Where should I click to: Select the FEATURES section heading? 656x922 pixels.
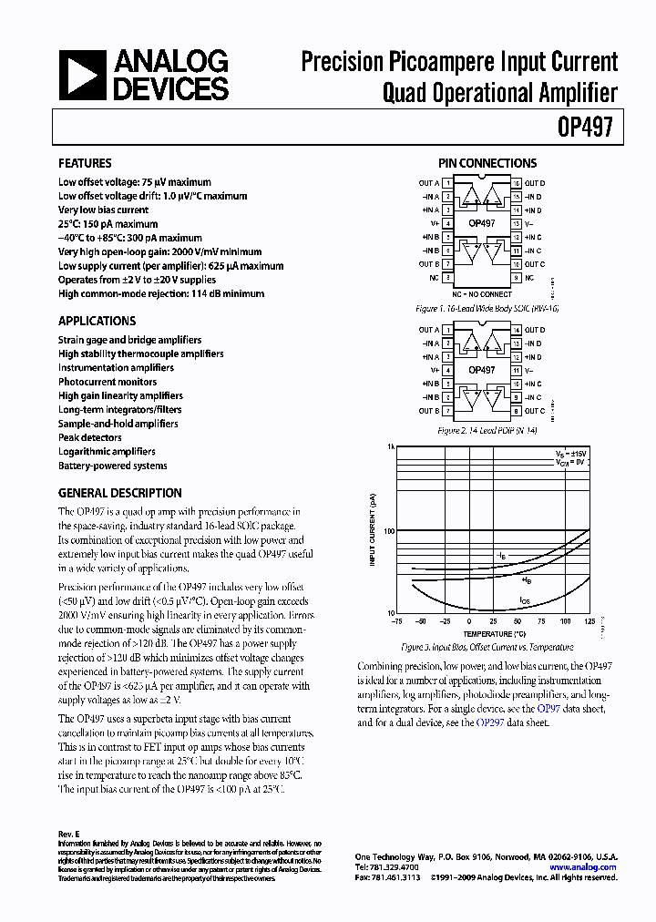point(85,164)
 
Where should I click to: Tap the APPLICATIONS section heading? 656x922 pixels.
point(97,321)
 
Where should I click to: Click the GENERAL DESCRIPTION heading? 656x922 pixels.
point(119,493)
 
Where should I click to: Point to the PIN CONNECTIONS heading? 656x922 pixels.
point(487,164)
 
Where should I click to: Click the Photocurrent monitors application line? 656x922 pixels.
point(108,382)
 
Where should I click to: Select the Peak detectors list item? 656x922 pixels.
point(89,437)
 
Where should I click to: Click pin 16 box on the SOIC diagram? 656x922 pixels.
point(517,183)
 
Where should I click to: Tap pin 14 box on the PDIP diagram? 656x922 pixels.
point(517,330)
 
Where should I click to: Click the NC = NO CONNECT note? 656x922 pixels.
point(482,294)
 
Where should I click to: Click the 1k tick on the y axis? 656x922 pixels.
point(391,448)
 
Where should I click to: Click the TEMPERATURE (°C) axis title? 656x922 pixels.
point(494,633)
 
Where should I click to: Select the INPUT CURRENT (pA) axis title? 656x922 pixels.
point(373,529)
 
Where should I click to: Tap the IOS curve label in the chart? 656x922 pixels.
point(524,600)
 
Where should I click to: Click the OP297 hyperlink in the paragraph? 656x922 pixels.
point(488,722)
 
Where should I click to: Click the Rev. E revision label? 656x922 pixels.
point(70,834)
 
